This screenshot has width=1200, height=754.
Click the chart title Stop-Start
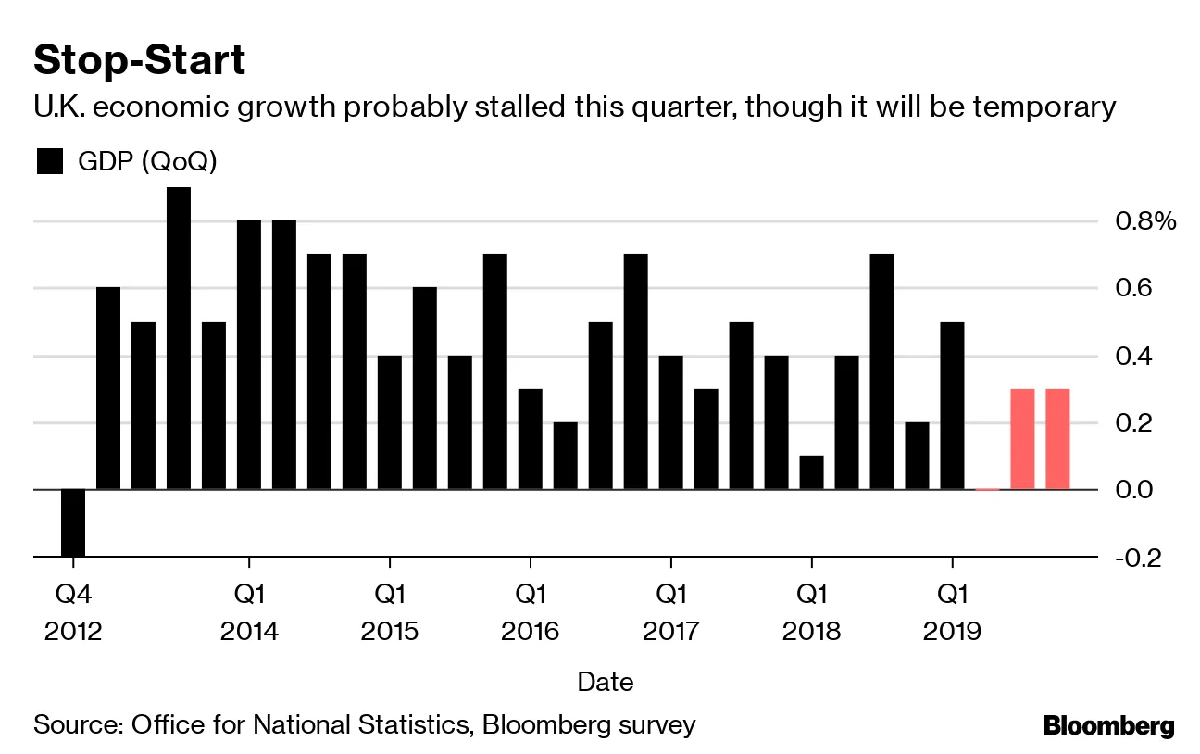tap(139, 60)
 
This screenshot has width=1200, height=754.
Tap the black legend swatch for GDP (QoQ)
tap(48, 161)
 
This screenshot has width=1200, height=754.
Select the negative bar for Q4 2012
tap(73, 522)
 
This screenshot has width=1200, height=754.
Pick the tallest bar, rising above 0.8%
tap(179, 338)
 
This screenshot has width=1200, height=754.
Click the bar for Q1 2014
tap(249, 355)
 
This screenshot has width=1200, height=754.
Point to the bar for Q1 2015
tap(390, 422)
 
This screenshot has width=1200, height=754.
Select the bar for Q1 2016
tap(531, 439)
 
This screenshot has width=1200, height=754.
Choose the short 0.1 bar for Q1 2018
tap(812, 472)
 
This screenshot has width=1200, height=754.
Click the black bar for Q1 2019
tap(953, 406)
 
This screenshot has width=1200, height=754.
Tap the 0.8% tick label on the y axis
tap(1144, 221)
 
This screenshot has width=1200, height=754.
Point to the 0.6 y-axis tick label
tap(1134, 288)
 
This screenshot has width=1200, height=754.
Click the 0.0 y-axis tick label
tap(1134, 489)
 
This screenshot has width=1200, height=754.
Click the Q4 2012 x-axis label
tap(73, 611)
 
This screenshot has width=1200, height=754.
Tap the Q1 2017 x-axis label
tap(671, 611)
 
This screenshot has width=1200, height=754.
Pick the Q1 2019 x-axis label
tap(953, 611)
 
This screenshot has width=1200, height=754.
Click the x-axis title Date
tap(606, 683)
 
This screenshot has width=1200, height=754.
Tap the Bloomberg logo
tap(1108, 725)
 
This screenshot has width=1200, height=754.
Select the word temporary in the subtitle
tap(1033, 107)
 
